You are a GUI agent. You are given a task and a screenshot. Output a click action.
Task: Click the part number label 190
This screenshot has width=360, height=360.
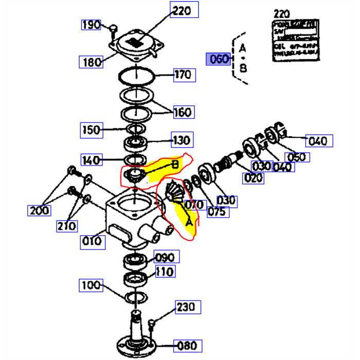click(x=92, y=25)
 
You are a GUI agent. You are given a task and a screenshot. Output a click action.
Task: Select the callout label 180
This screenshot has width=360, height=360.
click(x=93, y=62)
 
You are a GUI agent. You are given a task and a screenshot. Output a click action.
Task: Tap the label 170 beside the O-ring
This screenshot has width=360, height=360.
click(x=183, y=75)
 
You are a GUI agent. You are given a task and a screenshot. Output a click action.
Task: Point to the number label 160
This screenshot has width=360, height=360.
click(x=183, y=112)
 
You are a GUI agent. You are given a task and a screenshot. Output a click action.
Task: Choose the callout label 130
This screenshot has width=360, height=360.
click(x=182, y=139)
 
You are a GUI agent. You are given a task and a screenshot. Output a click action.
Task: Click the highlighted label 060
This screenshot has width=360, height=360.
click(x=219, y=59)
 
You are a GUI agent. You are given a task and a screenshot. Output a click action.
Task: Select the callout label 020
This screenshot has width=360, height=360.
click(x=254, y=178)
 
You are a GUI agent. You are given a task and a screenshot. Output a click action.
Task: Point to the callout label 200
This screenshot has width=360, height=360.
click(x=40, y=210)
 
